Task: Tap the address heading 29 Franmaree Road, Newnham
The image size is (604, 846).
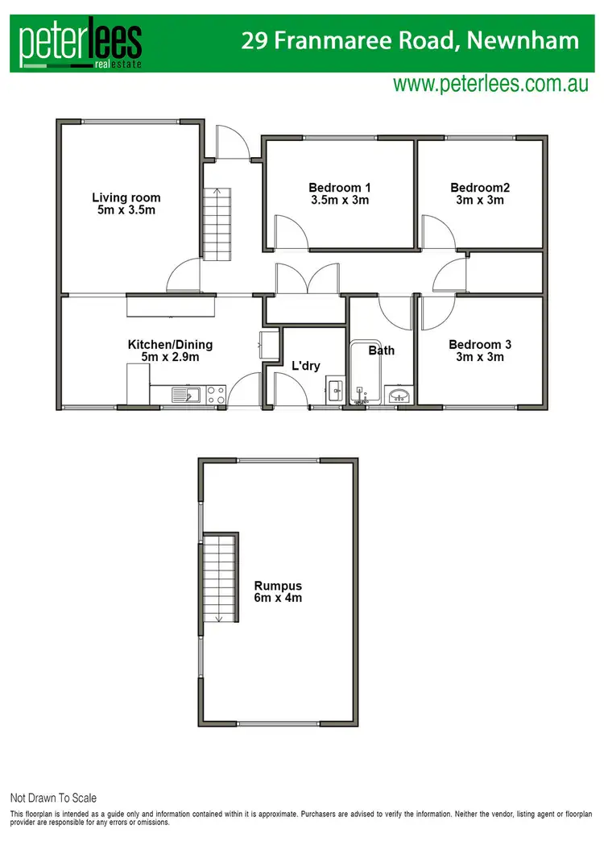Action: [x=410, y=41]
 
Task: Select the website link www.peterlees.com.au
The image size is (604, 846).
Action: [x=490, y=85]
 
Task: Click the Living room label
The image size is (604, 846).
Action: [x=126, y=197]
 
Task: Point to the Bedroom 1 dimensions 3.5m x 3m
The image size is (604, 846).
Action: [x=339, y=200]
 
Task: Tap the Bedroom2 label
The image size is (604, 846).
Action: [x=480, y=188]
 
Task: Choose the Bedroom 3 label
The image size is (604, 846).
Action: [x=481, y=344]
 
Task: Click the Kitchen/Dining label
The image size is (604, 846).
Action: [x=170, y=344]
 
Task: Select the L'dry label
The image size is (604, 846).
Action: [x=306, y=366]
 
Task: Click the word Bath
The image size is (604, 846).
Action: [x=381, y=350]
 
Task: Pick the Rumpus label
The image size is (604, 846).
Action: [x=278, y=586]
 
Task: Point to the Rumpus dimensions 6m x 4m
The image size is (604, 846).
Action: [x=278, y=598]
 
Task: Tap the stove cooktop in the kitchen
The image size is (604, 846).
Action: [x=215, y=394]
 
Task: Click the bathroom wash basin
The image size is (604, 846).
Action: [x=400, y=395]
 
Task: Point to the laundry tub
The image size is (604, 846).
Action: [x=335, y=392]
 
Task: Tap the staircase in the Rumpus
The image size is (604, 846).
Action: [x=217, y=579]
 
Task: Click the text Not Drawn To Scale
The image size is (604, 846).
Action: [x=53, y=798]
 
